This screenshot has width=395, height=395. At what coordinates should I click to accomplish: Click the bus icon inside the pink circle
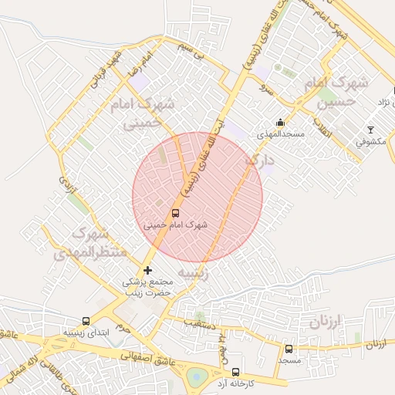175,213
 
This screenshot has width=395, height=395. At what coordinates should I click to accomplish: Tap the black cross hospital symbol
147,270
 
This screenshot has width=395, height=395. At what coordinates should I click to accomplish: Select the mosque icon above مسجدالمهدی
280,122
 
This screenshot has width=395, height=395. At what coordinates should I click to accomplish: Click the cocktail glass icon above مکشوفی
370,130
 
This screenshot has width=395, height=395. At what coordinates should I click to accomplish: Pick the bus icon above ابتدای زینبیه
85,321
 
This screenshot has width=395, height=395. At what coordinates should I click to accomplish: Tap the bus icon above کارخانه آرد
235,371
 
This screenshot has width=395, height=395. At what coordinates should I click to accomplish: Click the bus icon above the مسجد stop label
289,349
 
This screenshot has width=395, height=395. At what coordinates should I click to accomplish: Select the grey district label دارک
258,161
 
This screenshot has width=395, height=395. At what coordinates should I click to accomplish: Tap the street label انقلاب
318,128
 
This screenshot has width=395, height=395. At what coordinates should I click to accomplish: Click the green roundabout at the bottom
197,377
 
